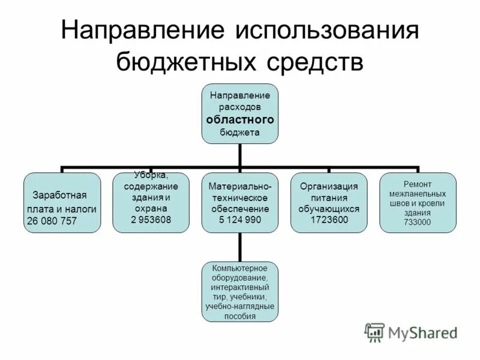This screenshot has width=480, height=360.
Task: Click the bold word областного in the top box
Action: pyautogui.click(x=240, y=120)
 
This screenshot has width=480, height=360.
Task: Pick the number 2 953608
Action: pyautogui.click(x=151, y=220)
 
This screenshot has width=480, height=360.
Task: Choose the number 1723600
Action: pyautogui.click(x=329, y=220)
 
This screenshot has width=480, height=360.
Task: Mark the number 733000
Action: pyautogui.click(x=417, y=223)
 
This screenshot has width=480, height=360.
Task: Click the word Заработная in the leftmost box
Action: pyautogui.click(x=60, y=196)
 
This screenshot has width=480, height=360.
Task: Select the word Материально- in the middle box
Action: pyautogui.click(x=240, y=187)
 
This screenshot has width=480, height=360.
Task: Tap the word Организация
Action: pyautogui.click(x=329, y=187)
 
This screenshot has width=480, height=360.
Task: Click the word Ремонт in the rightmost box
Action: pyautogui.click(x=417, y=184)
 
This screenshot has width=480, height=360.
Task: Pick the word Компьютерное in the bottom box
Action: pyautogui.click(x=239, y=268)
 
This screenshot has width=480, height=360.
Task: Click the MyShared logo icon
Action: pyautogui.click(x=374, y=332)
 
